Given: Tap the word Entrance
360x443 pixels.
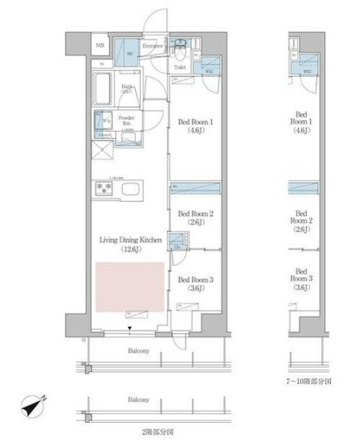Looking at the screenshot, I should (x=153, y=46).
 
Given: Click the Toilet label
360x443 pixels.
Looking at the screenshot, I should (x=180, y=67).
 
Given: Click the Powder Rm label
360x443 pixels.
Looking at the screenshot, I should (x=126, y=122).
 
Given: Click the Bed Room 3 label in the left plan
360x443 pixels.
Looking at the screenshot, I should (x=195, y=283).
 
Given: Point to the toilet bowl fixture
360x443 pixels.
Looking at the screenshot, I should (x=180, y=44).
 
